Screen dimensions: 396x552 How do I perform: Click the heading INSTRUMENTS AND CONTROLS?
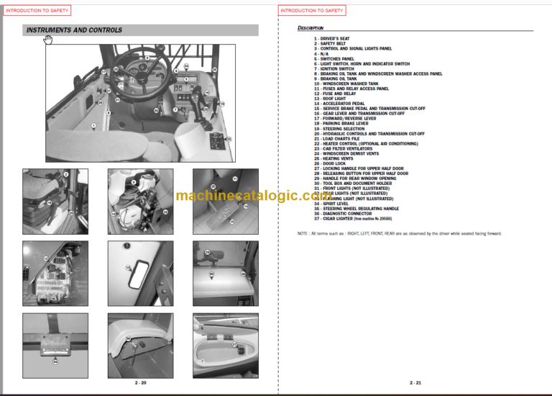pos(74,30)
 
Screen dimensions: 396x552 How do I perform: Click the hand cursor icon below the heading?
pos(48,40)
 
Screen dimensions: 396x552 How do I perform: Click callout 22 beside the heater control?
pos(229,138)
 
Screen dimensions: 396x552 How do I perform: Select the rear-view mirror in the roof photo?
pos(129,268)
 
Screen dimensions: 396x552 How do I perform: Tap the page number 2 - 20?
pos(139,383)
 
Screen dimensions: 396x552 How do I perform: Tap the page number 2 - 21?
pos(415,383)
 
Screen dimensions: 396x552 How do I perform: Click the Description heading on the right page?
pos(310,28)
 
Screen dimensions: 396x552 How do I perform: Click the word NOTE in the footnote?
pos(303,233)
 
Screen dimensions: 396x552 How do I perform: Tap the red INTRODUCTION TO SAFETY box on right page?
pos(311,11)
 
